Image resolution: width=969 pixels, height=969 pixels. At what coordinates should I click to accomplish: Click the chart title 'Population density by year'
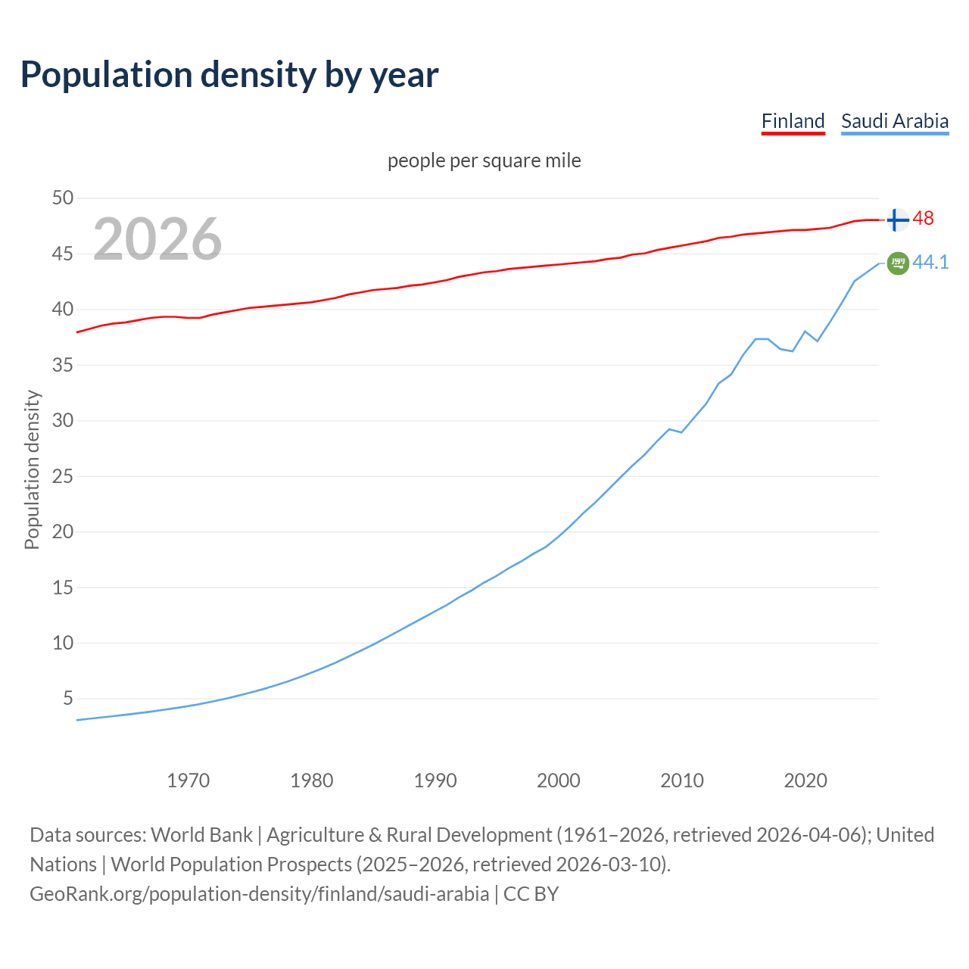pos(229,75)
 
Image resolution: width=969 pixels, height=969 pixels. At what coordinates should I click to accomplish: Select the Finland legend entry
pos(793,121)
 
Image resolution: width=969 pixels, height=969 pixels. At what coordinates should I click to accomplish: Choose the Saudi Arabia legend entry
pos(894,121)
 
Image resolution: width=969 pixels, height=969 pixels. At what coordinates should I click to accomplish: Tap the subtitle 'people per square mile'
pos(484,161)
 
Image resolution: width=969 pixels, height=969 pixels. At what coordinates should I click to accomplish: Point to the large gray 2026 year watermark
pos(157,239)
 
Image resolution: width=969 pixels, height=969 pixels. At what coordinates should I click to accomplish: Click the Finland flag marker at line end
pos(897,220)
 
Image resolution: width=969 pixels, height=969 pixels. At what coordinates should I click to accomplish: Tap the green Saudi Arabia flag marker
pos(898,263)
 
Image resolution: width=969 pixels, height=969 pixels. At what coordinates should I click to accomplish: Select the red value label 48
pos(923,219)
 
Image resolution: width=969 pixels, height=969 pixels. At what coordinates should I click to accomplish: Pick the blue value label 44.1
pos(930,263)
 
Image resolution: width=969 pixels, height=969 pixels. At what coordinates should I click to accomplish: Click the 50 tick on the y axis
pos(63,198)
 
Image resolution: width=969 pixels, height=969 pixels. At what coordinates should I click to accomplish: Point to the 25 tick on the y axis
pos(63,476)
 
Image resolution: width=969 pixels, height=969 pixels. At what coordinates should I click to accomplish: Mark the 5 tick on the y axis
pos(68,698)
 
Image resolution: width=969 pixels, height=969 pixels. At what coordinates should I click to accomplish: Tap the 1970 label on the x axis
pos(189,780)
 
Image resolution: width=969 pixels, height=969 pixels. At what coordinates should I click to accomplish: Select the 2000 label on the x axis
pos(559,780)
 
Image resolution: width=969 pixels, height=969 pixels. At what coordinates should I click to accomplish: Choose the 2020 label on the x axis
pos(805,780)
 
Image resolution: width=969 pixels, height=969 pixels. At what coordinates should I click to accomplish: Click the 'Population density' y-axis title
pos(32,469)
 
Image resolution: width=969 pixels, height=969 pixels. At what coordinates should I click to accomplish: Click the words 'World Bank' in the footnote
pos(201,835)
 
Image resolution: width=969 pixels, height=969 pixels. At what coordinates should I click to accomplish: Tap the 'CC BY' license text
pos(531,894)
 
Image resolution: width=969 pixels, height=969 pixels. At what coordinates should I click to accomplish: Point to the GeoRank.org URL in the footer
pos(259,894)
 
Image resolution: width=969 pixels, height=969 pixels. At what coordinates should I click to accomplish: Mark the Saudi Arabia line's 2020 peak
pos(805,331)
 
